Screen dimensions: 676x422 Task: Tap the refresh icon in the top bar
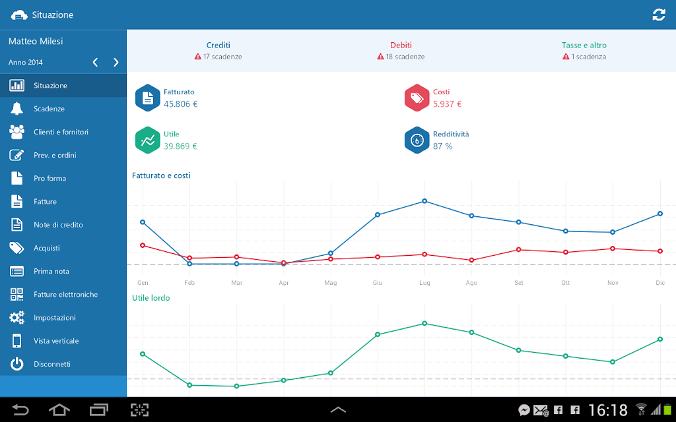pyautogui.click(x=659, y=15)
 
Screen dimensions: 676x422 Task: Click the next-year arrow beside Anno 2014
pyautogui.click(x=116, y=63)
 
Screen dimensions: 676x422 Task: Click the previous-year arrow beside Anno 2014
pyautogui.click(x=95, y=63)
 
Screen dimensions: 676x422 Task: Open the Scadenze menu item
pyautogui.click(x=49, y=109)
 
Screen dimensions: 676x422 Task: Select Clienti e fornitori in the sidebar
pyautogui.click(x=61, y=132)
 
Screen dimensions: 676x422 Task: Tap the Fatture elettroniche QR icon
pyautogui.click(x=17, y=295)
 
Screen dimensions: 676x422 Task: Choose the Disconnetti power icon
pyautogui.click(x=17, y=364)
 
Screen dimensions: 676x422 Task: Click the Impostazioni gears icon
pyautogui.click(x=17, y=318)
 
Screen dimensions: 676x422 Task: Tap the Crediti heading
pyautogui.click(x=218, y=45)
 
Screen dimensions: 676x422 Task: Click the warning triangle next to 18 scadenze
pyautogui.click(x=380, y=57)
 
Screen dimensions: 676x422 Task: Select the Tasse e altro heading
pyautogui.click(x=584, y=45)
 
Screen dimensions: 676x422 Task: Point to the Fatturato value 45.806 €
pyautogui.click(x=181, y=104)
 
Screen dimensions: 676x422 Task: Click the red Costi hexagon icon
pyautogui.click(x=417, y=98)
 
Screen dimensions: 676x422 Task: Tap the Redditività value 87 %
pyautogui.click(x=443, y=146)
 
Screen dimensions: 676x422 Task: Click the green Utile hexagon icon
pyautogui.click(x=147, y=140)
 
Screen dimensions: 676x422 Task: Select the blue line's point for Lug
pyautogui.click(x=424, y=201)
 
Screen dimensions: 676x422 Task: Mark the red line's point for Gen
pyautogui.click(x=143, y=245)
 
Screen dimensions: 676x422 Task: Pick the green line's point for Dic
pyautogui.click(x=660, y=340)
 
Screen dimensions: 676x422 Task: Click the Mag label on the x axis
pyautogui.click(x=331, y=283)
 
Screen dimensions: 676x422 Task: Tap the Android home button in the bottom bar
pyautogui.click(x=59, y=409)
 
